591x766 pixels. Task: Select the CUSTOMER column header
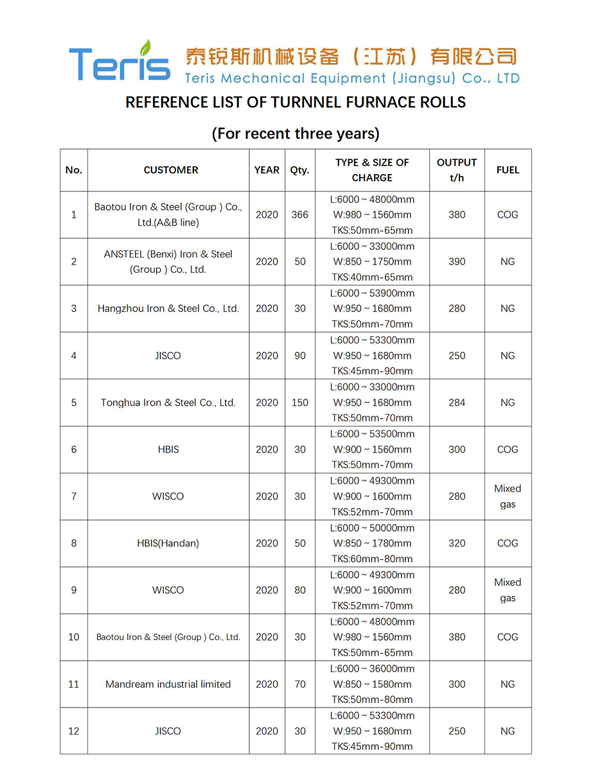[x=171, y=170]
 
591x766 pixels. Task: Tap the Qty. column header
[x=299, y=170]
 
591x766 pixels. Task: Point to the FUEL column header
[x=507, y=170]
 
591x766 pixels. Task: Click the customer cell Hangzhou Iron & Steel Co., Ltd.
[x=168, y=309]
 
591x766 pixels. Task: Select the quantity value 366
[x=299, y=215]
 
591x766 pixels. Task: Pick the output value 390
[x=457, y=262]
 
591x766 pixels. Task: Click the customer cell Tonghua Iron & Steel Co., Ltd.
[x=168, y=403]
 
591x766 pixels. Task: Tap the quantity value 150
[x=299, y=403]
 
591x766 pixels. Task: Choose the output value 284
[x=457, y=403]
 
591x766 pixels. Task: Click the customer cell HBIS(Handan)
[x=168, y=543]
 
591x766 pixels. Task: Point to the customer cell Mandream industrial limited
[x=168, y=684]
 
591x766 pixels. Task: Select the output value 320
[x=457, y=543]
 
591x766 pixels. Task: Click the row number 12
[x=74, y=731]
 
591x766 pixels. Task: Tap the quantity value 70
[x=299, y=684]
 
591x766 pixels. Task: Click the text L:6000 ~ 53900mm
[x=372, y=293]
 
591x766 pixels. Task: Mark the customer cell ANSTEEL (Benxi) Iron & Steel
[x=168, y=254]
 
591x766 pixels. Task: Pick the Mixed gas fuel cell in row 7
[x=507, y=496]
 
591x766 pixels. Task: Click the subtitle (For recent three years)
[x=295, y=134]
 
